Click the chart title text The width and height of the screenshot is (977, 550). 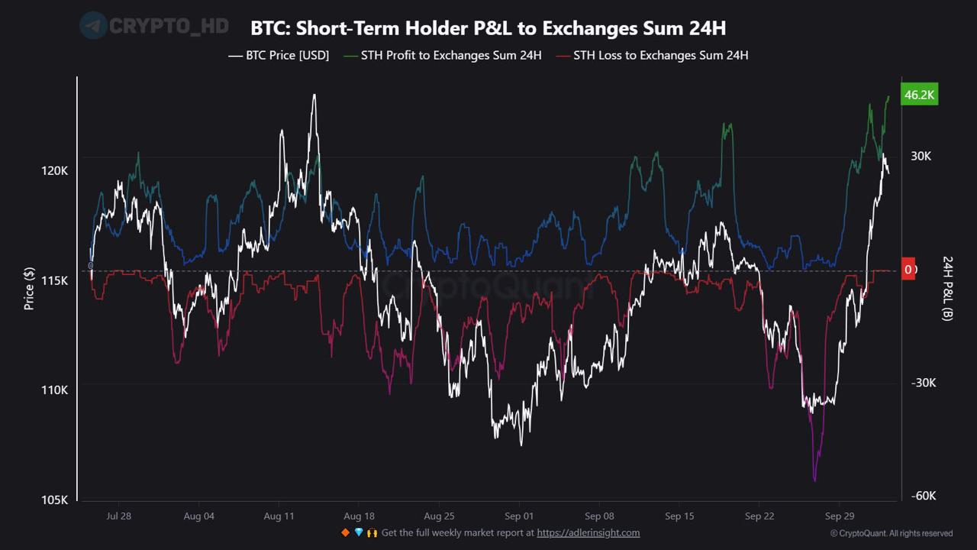point(488,28)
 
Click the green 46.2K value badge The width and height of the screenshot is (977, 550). point(919,95)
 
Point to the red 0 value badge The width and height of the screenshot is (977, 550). point(908,270)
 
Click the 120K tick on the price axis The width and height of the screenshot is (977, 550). point(55,171)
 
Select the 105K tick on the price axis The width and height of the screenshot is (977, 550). point(55,500)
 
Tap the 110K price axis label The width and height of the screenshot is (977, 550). point(55,390)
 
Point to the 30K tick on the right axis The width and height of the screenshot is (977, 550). point(921,156)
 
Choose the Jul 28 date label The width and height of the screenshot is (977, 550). point(118,516)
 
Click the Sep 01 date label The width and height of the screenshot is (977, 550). point(518,516)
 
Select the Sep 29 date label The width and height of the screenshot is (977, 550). point(839,516)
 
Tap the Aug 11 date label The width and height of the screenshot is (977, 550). point(279,516)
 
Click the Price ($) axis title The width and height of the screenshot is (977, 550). point(29,288)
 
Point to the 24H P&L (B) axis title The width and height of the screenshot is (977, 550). point(947,288)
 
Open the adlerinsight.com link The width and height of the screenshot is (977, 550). point(588,533)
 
